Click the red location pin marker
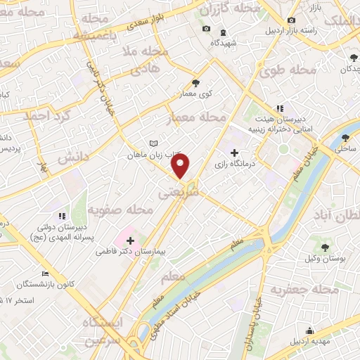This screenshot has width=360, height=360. click(x=181, y=167)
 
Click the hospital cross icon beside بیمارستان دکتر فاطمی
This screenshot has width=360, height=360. click(x=129, y=240)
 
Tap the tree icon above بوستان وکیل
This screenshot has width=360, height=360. click(x=325, y=247)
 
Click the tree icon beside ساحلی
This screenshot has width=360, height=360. click(x=347, y=138)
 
